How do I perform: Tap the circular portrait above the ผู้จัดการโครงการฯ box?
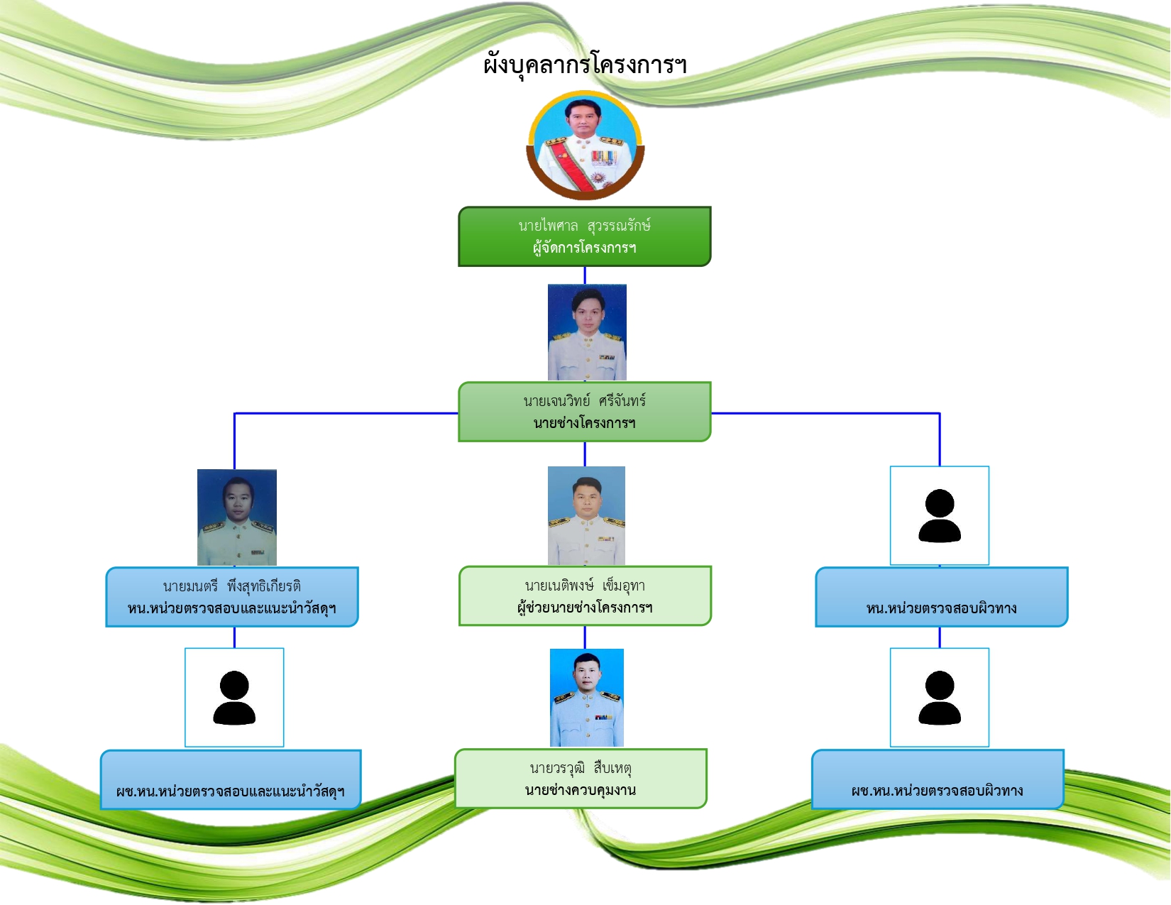coord(585,145)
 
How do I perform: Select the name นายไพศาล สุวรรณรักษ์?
coord(585,225)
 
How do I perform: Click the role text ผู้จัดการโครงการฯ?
coord(585,248)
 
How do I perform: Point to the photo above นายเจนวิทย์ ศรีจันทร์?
coord(587,332)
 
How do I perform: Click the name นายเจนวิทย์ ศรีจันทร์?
coord(585,401)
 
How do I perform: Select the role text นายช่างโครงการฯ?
coord(585,423)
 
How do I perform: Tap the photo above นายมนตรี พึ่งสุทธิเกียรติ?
coord(237,517)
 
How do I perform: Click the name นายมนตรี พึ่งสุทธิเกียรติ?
coord(232,586)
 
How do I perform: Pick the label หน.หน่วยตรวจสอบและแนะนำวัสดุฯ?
coord(232,608)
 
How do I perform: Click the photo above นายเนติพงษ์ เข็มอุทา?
coord(586,516)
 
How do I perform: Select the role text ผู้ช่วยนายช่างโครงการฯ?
coord(585,608)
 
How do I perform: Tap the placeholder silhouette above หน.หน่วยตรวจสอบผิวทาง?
coord(939,516)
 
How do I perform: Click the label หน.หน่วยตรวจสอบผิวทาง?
coord(942,608)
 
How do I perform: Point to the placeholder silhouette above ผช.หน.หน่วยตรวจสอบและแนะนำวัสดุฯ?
coord(234,698)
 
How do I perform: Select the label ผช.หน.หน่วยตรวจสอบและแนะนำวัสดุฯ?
coord(231,791)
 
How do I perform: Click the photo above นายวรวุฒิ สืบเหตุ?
coord(587,698)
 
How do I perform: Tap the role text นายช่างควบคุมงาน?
coord(581,790)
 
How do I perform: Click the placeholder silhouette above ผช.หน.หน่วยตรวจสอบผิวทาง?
coord(939,698)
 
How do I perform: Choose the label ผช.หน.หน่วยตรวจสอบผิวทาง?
coord(937,791)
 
